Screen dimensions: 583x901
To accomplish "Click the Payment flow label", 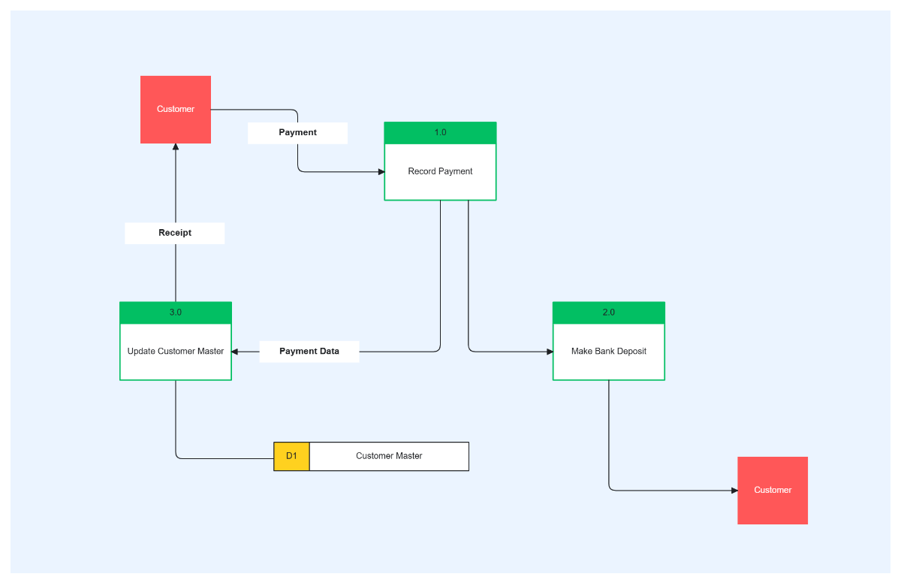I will click(297, 133).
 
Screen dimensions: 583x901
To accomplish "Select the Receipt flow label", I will click(174, 233).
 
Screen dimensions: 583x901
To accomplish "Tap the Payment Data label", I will click(309, 352).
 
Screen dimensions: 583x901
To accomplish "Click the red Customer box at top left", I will click(176, 109).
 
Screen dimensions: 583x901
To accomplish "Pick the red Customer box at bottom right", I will click(772, 490).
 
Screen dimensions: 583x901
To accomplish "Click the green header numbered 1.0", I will click(440, 133).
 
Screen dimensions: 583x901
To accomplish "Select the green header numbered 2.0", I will click(608, 313).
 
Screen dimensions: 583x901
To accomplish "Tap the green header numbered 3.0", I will click(176, 313).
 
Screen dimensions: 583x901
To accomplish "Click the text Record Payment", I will click(440, 171).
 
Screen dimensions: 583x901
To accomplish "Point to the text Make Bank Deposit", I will click(608, 352).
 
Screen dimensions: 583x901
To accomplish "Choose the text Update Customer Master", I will click(176, 352).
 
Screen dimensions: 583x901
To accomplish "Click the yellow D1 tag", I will click(291, 456).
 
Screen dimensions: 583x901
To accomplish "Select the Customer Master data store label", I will click(389, 456).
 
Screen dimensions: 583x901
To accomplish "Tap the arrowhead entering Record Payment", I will click(381, 172).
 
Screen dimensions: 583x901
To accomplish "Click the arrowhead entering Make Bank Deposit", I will click(550, 352).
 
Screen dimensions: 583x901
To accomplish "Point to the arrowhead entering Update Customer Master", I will click(235, 352).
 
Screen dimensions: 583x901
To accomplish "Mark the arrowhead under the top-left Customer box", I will click(176, 147).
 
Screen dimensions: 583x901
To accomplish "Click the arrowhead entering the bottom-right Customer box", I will click(734, 491).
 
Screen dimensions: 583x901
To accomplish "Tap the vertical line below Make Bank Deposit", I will click(608, 436).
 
